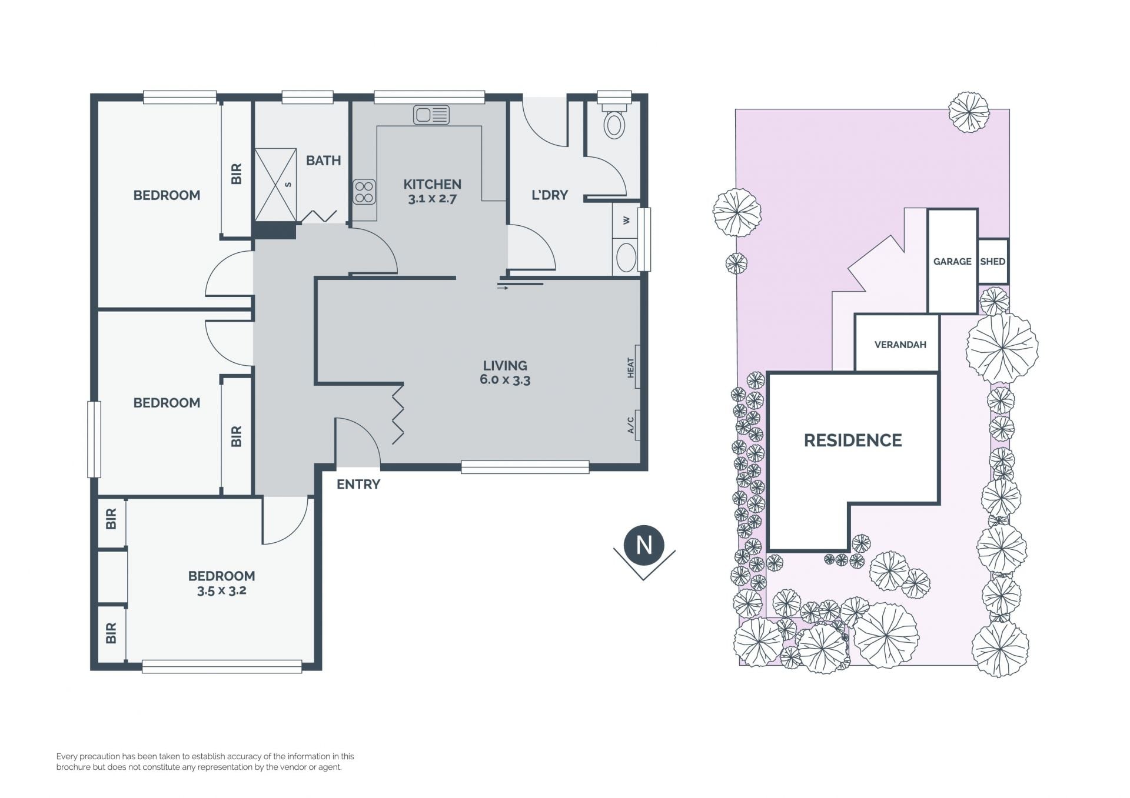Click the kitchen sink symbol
(x=431, y=115)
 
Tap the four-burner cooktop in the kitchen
(x=364, y=192)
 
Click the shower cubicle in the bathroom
(x=275, y=185)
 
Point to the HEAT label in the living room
(x=631, y=368)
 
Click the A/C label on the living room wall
(x=631, y=425)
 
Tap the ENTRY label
(x=358, y=485)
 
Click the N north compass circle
(x=644, y=545)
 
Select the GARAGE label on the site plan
(x=952, y=262)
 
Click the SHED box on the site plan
(x=993, y=262)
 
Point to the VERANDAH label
(x=900, y=345)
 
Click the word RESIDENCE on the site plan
(x=853, y=440)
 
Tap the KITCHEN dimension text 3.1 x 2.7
(x=433, y=199)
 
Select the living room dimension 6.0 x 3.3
(x=505, y=380)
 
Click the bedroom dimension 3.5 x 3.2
(x=221, y=590)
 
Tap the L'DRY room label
(x=550, y=195)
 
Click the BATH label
(x=323, y=161)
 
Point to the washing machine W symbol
(x=626, y=221)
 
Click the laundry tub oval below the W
(x=626, y=258)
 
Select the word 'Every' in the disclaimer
(x=67, y=757)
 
